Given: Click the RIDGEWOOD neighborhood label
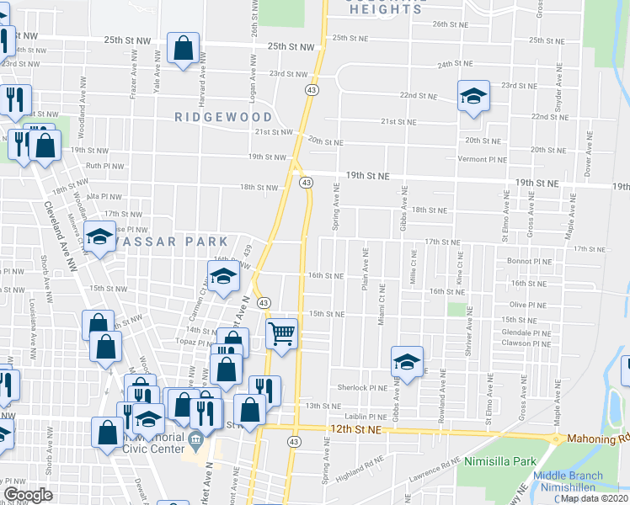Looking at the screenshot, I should tap(223, 117).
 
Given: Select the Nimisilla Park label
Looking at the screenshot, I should tap(499, 461).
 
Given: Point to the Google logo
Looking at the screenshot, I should tap(28, 495).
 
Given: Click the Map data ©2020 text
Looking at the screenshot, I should tap(593, 498).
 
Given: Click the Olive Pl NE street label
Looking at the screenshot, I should tap(529, 305).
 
